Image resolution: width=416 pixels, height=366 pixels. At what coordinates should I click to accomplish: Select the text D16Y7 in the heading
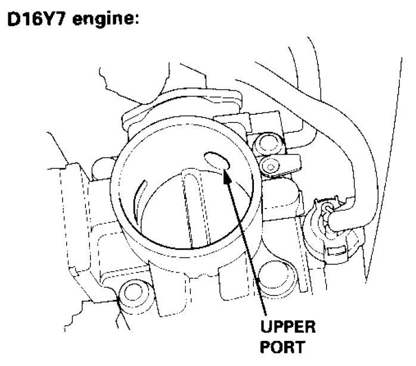[x=38, y=18]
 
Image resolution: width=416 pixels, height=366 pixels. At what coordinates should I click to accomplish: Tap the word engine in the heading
[x=104, y=20]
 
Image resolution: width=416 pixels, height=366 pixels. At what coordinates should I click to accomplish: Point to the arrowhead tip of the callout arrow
[x=225, y=171]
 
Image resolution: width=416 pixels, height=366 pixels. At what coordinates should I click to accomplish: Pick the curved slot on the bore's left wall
[x=138, y=197]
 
